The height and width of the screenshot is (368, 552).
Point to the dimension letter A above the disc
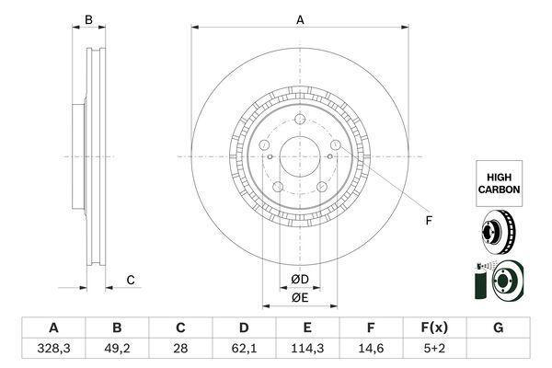(x=300, y=19)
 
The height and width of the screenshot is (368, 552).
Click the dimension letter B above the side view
(x=88, y=19)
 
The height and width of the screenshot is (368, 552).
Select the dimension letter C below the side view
(x=131, y=280)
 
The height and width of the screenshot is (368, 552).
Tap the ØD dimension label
(x=300, y=279)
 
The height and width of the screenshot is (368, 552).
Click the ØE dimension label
(x=300, y=297)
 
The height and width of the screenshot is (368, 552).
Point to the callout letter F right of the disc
(x=429, y=221)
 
